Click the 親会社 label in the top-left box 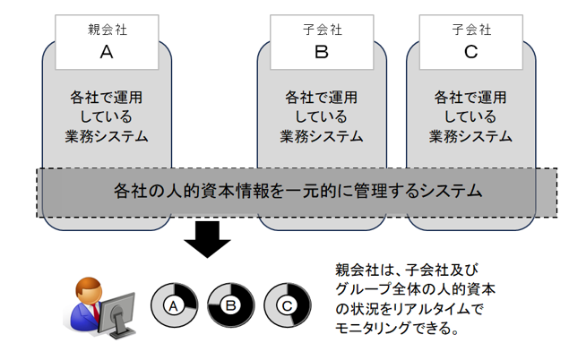pyautogui.click(x=106, y=30)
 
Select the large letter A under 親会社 pyautogui.click(x=106, y=52)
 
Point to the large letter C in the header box pyautogui.click(x=471, y=52)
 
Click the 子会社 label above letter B pyautogui.click(x=322, y=30)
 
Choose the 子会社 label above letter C pyautogui.click(x=471, y=30)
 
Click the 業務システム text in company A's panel pyautogui.click(x=106, y=136)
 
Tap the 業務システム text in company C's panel pyautogui.click(x=471, y=136)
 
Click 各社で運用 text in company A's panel pyautogui.click(x=106, y=97)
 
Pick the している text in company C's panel pyautogui.click(x=471, y=116)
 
